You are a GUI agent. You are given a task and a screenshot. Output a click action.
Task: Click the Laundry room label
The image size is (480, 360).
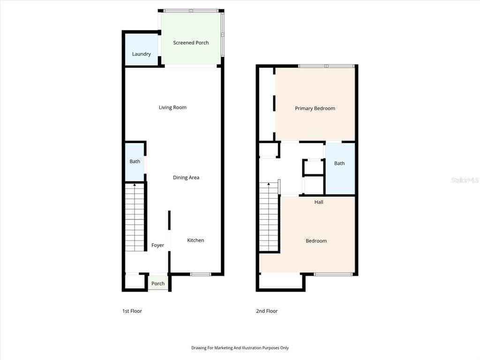pyautogui.click(x=142, y=54)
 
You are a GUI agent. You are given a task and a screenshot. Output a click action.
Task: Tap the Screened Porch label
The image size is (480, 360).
pyautogui.click(x=191, y=43)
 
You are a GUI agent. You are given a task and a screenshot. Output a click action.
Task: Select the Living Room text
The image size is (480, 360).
pyautogui.click(x=172, y=107)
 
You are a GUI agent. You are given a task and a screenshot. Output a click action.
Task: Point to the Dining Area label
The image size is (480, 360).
pyautogui.click(x=186, y=178)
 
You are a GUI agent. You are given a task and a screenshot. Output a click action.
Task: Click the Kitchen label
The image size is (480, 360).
pyautogui.click(x=195, y=240)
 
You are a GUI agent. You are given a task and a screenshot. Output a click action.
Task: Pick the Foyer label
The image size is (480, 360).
pyautogui.click(x=157, y=245)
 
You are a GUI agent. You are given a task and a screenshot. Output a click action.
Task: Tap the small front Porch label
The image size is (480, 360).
pyautogui.click(x=158, y=284)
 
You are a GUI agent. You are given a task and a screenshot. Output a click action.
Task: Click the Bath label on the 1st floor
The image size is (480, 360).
pyautogui.click(x=135, y=161)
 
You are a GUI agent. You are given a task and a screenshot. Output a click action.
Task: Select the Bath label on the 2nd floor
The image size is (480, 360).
pyautogui.click(x=339, y=163)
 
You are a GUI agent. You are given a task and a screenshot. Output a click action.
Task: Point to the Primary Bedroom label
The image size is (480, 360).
pyautogui.click(x=315, y=108)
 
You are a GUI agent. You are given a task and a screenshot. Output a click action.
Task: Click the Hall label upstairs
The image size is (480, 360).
pyautogui.click(x=319, y=202)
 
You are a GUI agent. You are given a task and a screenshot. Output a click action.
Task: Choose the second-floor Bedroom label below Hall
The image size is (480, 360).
pyautogui.click(x=316, y=241)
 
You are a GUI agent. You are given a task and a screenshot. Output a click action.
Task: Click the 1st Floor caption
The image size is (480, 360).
pyautogui.click(x=132, y=311)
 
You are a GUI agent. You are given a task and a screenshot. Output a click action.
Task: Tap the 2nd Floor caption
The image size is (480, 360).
pyautogui.click(x=267, y=311)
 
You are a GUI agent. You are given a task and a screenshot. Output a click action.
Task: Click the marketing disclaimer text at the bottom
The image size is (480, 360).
pyautogui.click(x=240, y=348)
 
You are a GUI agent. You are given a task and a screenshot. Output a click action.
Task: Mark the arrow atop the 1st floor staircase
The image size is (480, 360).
pyautogui.click(x=135, y=185)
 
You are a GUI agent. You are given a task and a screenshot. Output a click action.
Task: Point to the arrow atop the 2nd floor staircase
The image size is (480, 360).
pyautogui.click(x=269, y=184)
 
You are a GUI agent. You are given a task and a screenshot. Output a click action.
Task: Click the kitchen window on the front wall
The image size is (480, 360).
pyautogui.click(x=201, y=274)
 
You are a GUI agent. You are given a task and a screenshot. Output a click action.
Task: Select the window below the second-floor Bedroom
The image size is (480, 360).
pyautogui.click(x=333, y=274)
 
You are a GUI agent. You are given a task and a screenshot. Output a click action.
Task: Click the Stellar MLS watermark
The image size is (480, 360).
pyautogui.click(x=465, y=180)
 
